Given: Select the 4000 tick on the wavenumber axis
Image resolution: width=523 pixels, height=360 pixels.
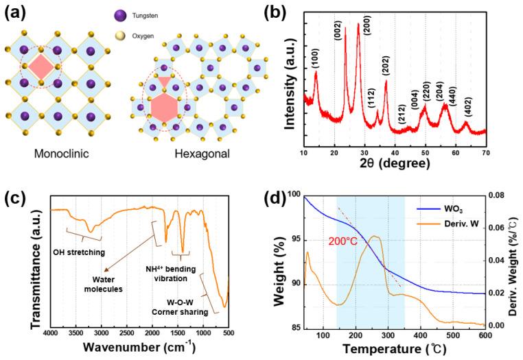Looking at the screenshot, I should [50, 333].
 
